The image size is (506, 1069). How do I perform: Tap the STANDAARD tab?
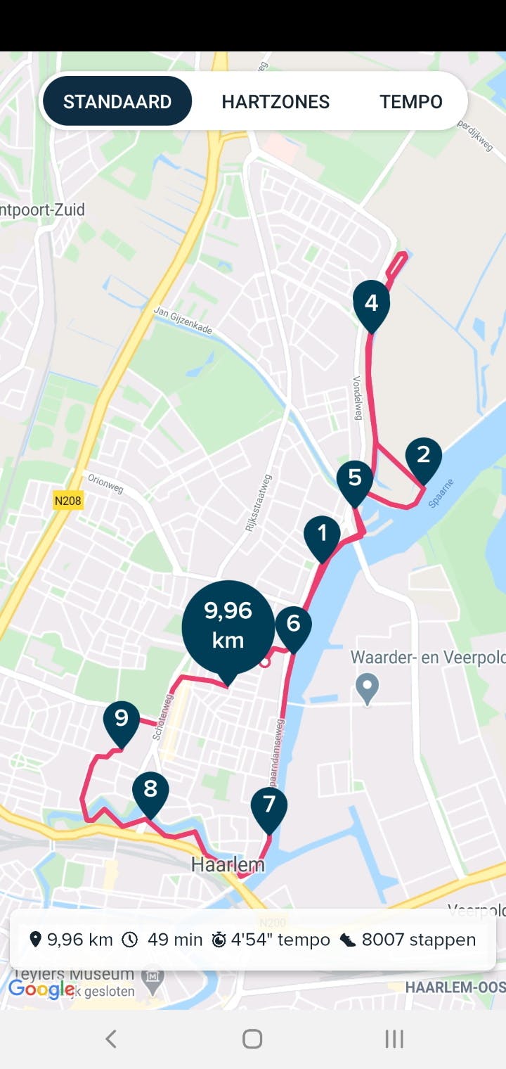click(x=117, y=101)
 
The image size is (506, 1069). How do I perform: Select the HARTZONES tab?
click(x=275, y=101)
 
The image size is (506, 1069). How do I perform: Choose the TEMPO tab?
click(x=411, y=101)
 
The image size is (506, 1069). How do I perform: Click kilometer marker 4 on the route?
click(x=371, y=304)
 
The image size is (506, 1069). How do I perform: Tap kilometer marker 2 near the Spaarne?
click(x=423, y=456)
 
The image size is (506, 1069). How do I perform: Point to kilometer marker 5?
click(x=355, y=479)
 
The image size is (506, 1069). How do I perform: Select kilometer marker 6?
click(x=293, y=624)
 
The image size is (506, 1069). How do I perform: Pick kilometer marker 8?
click(x=150, y=790)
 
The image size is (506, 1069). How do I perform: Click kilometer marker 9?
click(x=122, y=719)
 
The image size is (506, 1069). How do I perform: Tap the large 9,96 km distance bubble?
click(x=228, y=626)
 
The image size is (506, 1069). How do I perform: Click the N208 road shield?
click(x=68, y=501)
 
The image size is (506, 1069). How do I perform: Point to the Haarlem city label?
click(x=228, y=865)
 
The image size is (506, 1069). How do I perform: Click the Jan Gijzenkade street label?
click(x=183, y=321)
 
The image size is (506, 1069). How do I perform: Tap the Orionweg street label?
click(x=105, y=484)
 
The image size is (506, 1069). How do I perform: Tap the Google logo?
click(x=41, y=989)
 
